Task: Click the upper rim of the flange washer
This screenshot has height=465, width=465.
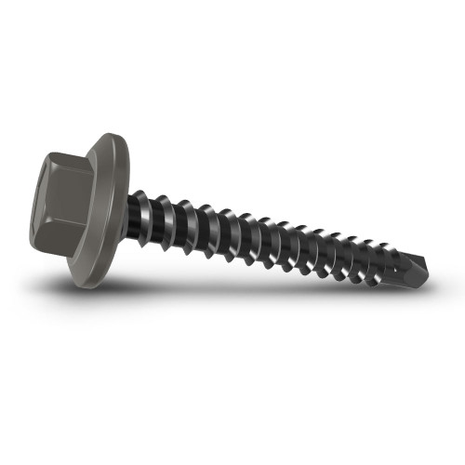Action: click(x=113, y=139)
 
